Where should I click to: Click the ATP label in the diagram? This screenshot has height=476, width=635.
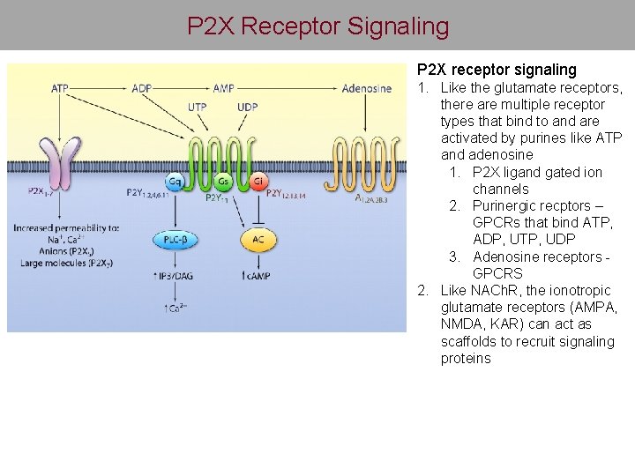coord(60,88)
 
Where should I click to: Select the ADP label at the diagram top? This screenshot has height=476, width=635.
coord(141,88)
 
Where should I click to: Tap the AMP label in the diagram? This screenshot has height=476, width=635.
coord(222,88)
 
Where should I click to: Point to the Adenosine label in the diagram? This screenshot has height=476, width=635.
coord(366,88)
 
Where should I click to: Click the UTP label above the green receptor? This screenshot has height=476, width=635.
coord(198,107)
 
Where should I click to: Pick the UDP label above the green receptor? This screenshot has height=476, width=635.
coord(248,107)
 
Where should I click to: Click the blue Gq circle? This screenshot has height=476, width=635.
coord(176,182)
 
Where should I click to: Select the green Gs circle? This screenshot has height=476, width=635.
coord(224,182)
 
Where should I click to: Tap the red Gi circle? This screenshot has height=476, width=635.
coord(258,182)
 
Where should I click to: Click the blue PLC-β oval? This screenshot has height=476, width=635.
coord(176,239)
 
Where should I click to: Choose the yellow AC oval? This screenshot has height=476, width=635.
coord(258,239)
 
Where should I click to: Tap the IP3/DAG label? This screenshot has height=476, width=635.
coord(176,277)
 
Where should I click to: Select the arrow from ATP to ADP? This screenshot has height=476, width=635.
coord(101,88)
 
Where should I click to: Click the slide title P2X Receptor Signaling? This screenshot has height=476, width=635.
coord(317,26)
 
